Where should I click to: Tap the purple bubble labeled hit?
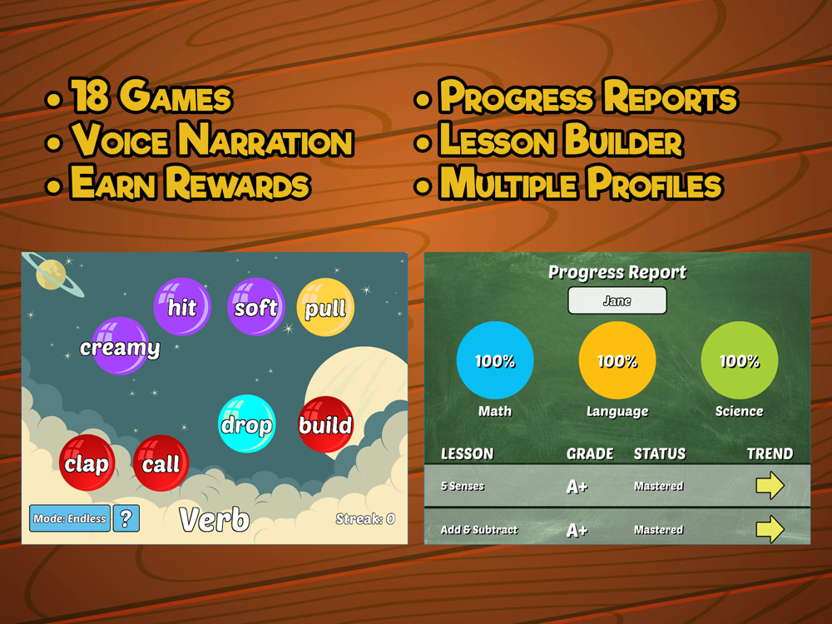pyautogui.click(x=182, y=307)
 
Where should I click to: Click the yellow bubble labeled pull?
pyautogui.click(x=325, y=307)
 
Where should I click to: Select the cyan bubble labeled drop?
pyautogui.click(x=247, y=424)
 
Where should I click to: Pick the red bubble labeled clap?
pyautogui.click(x=87, y=463)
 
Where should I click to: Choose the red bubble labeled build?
pyautogui.click(x=326, y=424)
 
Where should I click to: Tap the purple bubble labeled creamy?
pyautogui.click(x=120, y=346)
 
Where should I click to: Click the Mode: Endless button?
pyautogui.click(x=70, y=518)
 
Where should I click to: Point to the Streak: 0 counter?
pyautogui.click(x=365, y=519)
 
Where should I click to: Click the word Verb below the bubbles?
pyautogui.click(x=215, y=519)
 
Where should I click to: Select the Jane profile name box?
pyautogui.click(x=617, y=301)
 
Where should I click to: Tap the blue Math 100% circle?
pyautogui.click(x=495, y=360)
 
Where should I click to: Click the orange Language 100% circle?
pyautogui.click(x=617, y=360)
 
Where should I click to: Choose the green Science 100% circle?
pyautogui.click(x=739, y=360)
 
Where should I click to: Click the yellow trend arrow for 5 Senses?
pyautogui.click(x=770, y=485)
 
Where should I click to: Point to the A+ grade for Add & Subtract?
pyautogui.click(x=577, y=530)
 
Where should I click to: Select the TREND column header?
pyautogui.click(x=770, y=453)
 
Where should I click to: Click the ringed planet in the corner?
pyautogui.click(x=53, y=274)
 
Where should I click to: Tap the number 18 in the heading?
pyautogui.click(x=91, y=96)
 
